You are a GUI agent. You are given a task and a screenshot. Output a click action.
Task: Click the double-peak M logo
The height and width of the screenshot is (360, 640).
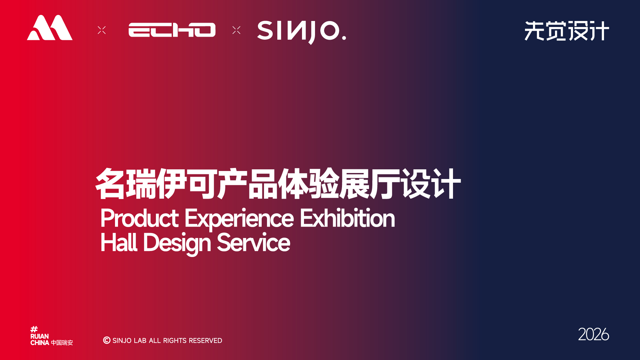[x=50, y=28]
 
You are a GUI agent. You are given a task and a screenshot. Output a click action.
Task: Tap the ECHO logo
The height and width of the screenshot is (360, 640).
[x=172, y=30]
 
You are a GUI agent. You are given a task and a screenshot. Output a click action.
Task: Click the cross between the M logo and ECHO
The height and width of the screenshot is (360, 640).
[x=102, y=30]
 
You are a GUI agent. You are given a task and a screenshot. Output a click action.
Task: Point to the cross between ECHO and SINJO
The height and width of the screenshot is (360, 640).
[x=236, y=30]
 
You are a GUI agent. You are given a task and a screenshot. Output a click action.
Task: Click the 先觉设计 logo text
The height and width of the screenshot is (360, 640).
[x=567, y=31]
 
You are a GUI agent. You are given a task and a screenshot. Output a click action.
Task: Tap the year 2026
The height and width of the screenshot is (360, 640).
[x=593, y=334]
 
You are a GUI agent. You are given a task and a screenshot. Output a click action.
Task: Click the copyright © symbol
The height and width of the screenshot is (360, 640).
[x=107, y=340]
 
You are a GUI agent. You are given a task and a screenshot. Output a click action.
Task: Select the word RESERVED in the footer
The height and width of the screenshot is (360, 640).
[x=205, y=341]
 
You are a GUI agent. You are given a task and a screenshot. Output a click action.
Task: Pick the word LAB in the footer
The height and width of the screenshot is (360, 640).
[x=140, y=341]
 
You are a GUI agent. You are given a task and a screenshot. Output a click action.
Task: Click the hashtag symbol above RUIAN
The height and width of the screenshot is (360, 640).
[x=34, y=329]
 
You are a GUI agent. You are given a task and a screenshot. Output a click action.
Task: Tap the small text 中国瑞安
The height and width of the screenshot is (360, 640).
[x=62, y=343]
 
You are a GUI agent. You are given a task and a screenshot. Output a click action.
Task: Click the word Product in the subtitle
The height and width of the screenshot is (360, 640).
[x=139, y=219]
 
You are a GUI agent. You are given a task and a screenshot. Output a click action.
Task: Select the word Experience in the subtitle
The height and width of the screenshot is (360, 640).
[x=239, y=219]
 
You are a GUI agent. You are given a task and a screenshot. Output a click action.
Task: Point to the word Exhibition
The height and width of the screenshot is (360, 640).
[x=347, y=218]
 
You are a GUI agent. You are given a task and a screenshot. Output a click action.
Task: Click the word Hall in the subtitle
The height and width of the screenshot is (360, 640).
[x=119, y=243]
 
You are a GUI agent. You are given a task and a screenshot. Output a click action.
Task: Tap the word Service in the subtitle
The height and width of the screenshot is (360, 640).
[x=254, y=243]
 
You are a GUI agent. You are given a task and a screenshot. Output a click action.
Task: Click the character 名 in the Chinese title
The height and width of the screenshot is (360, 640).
[x=111, y=184]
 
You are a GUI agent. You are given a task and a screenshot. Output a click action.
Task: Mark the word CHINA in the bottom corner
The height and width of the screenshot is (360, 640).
[x=40, y=343]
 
